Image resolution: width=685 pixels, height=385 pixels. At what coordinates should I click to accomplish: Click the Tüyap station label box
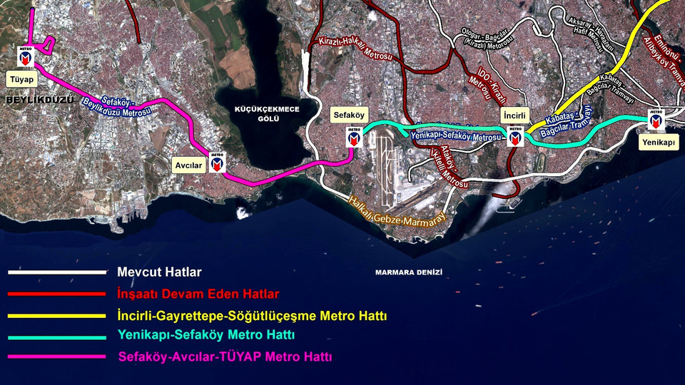(21, 78)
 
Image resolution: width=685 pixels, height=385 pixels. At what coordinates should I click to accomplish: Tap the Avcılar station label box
(190, 165)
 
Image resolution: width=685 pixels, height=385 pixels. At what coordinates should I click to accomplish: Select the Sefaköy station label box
(349, 115)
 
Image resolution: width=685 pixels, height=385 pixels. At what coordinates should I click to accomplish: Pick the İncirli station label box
(514, 114)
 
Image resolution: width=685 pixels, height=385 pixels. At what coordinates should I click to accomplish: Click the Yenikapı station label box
(656, 142)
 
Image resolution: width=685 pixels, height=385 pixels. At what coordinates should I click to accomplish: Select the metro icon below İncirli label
(515, 135)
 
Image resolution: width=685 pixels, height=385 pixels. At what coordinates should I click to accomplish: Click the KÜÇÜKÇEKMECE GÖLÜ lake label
(268, 114)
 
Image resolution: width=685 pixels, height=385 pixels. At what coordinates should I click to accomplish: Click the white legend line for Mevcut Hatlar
(57, 272)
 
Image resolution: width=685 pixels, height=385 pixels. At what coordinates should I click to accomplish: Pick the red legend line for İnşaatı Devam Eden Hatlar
(57, 294)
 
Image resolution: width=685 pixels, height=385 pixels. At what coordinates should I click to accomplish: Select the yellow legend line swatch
(57, 315)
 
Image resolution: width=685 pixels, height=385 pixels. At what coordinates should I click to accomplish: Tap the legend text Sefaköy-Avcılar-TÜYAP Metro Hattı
(225, 356)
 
